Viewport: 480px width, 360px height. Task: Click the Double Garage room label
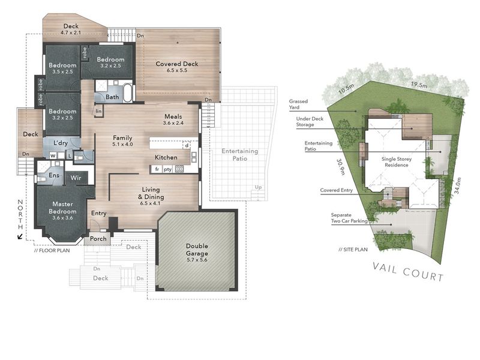(x=197, y=250)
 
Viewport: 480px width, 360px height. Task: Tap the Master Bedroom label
(x=62, y=208)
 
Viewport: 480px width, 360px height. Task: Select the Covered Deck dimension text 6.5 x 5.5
(x=177, y=70)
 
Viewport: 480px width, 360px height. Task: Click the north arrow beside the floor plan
(x=20, y=236)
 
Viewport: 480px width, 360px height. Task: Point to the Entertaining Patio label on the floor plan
(x=239, y=155)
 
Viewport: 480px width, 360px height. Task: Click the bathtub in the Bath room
(x=128, y=93)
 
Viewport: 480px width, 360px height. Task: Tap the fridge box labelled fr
(x=157, y=169)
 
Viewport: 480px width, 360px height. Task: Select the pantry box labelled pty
(x=167, y=169)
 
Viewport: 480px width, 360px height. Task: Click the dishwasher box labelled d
(x=187, y=145)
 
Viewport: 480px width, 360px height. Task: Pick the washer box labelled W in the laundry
(x=53, y=156)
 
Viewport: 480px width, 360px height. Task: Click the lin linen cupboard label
(x=98, y=111)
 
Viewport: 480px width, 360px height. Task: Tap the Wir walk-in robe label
(x=76, y=178)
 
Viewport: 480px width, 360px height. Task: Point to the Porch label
(x=98, y=238)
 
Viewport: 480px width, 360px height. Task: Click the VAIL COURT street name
(x=408, y=272)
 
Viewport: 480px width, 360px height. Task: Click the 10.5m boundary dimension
(x=346, y=89)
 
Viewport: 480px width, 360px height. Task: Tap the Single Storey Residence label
(x=397, y=162)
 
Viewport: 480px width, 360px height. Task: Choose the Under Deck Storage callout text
(x=310, y=122)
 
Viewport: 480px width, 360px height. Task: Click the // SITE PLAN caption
(x=353, y=250)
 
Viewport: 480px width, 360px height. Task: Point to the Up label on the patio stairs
(x=258, y=187)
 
